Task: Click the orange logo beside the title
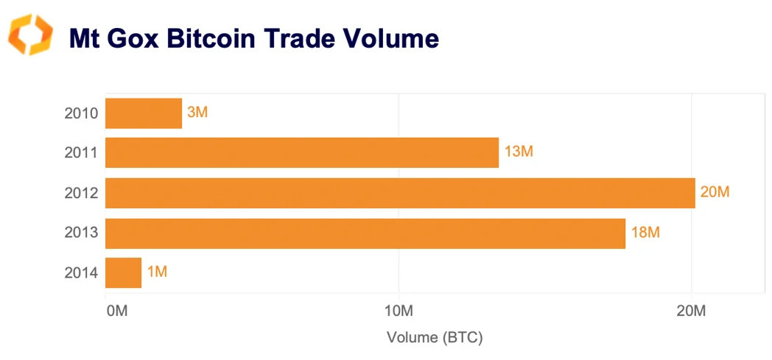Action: click(31, 35)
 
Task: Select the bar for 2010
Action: click(144, 113)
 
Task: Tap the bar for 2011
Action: click(302, 153)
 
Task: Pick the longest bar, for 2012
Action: click(400, 193)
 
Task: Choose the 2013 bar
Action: click(365, 233)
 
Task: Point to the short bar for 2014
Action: click(124, 273)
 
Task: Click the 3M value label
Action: click(198, 113)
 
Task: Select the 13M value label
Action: click(519, 153)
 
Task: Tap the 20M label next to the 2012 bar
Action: click(715, 193)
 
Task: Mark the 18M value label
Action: click(645, 233)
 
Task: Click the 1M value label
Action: click(158, 273)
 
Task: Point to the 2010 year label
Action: click(82, 114)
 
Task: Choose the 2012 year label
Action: click(82, 194)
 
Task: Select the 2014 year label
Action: click(82, 274)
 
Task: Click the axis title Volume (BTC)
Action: click(435, 338)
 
